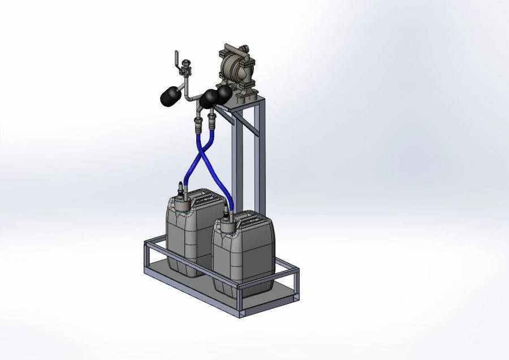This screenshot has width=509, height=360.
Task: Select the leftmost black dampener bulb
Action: (170, 96)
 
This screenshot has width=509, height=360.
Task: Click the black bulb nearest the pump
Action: (225, 93)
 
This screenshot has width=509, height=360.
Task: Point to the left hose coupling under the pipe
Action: (198, 122)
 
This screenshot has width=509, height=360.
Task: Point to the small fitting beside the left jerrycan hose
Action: (180, 187)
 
